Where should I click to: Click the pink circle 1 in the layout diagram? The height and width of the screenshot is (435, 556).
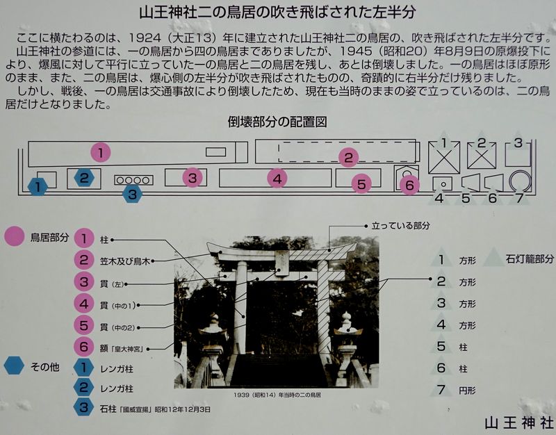point(101,152)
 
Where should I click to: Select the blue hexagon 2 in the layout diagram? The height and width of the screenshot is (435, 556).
point(84,178)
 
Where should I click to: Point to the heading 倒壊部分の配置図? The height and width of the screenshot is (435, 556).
point(277,122)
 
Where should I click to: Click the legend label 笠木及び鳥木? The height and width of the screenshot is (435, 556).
point(125,262)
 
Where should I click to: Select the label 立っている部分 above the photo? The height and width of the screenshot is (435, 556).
point(401,226)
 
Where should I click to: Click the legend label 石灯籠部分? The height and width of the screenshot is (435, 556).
point(530,259)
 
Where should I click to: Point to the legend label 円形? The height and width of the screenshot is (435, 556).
point(467,391)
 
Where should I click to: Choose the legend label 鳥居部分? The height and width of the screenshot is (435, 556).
point(49,238)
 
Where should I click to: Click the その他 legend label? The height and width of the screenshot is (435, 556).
point(44,367)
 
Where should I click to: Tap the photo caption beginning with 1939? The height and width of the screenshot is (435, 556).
point(277,395)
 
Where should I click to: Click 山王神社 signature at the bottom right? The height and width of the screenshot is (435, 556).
point(518,423)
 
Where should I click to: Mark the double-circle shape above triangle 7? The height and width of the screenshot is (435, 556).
point(520,181)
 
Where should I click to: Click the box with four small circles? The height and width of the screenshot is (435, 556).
point(133,180)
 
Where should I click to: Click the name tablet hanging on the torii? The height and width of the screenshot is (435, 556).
point(282,263)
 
